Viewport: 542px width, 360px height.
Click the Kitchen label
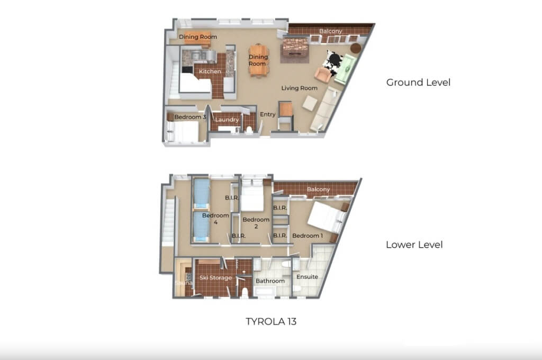click(210, 71)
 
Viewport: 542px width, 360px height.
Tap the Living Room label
click(300, 88)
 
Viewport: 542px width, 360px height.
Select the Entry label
click(267, 114)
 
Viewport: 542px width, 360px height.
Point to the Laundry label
click(227, 120)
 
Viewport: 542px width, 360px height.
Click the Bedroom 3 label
click(190, 117)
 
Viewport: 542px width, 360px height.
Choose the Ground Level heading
click(418, 82)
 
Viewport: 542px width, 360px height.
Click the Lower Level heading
click(414, 245)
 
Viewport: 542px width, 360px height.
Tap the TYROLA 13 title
click(271, 321)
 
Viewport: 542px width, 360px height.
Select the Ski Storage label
click(216, 278)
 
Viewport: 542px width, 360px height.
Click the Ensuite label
click(308, 277)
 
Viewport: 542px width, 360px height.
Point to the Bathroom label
click(270, 281)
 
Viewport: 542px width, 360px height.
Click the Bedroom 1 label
click(308, 236)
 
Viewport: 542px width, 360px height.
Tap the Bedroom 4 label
click(215, 219)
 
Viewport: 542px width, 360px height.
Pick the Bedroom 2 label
click(256, 223)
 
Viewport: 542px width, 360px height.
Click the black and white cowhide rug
click(332, 64)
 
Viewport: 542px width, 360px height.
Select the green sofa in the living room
click(345, 69)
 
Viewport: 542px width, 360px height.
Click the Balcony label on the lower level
click(318, 189)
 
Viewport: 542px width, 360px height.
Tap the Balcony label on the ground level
click(331, 31)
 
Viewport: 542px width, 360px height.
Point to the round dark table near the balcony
click(356, 48)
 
